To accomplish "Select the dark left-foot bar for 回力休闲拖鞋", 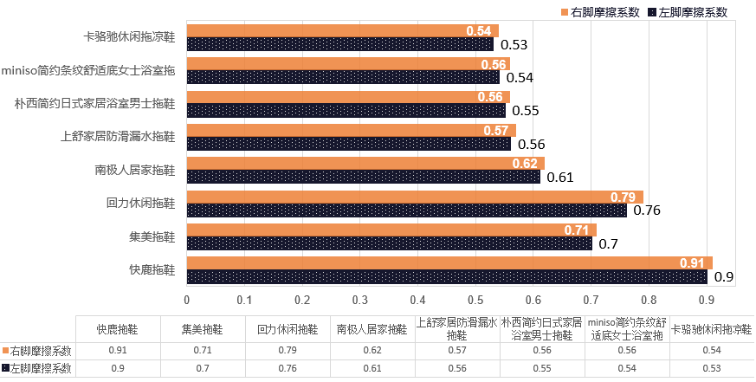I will coord(407,210).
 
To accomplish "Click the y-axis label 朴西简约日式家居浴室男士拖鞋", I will coord(95,103).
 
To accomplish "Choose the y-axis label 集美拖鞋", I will coord(152,236).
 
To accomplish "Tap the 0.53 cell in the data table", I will coord(711,369).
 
